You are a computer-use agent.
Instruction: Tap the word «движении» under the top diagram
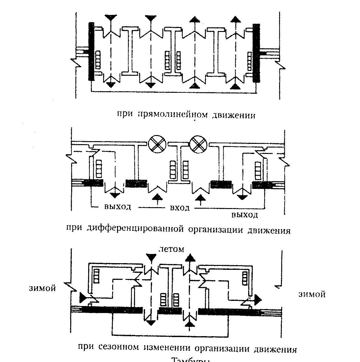pos(234,115)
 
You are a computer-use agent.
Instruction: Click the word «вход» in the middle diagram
pos(180,208)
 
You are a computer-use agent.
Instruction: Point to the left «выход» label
pos(118,207)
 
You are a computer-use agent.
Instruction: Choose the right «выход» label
pos(245,215)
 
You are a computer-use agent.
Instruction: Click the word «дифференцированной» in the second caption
pos(136,229)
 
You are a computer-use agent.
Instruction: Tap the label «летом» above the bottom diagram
pos(172,249)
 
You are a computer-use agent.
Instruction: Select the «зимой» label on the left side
pos(43,288)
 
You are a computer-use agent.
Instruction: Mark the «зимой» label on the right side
pos(312,294)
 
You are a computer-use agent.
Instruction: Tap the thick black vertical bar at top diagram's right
pos(256,53)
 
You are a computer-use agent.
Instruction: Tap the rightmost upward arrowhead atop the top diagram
pos(234,19)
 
